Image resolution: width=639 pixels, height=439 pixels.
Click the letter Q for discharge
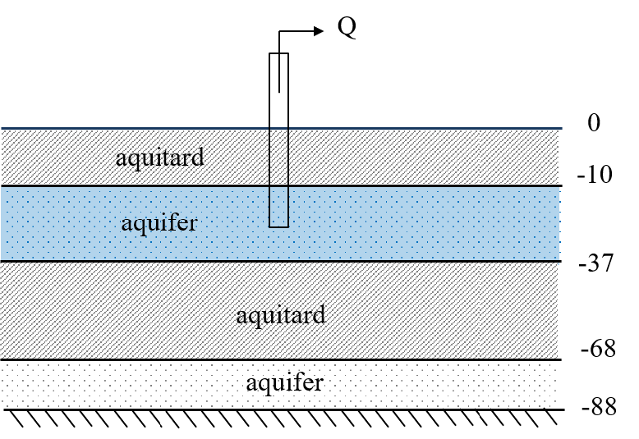[x=347, y=29]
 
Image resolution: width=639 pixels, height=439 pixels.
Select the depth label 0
[x=595, y=124]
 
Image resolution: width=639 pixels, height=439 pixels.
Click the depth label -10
[x=594, y=175]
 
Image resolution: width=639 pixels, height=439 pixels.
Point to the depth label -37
[x=594, y=265]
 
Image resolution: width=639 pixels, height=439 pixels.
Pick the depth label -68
[x=597, y=348]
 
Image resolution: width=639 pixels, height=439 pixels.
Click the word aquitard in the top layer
[x=159, y=157]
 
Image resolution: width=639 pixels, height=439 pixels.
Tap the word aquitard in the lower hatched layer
[x=280, y=314]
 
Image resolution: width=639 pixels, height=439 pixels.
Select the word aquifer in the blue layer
[x=159, y=222]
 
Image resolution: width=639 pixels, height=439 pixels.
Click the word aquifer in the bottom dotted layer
[x=284, y=382]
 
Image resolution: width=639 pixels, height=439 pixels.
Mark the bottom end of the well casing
[x=279, y=226]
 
